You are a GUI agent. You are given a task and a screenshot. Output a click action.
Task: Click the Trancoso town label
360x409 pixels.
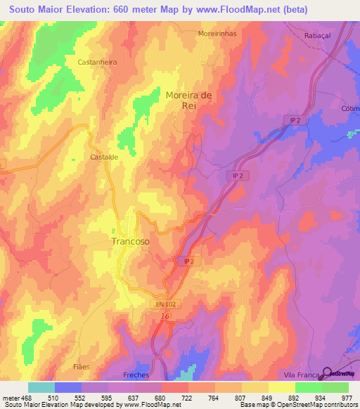[130, 241]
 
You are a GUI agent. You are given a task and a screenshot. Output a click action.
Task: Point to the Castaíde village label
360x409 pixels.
[103, 157]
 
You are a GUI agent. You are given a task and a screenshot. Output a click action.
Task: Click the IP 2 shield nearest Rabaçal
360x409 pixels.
[296, 121]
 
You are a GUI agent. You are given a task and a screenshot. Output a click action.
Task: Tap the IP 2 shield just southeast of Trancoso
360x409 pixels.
[188, 261]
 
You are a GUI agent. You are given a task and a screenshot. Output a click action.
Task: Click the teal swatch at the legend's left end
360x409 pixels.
[41, 387]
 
